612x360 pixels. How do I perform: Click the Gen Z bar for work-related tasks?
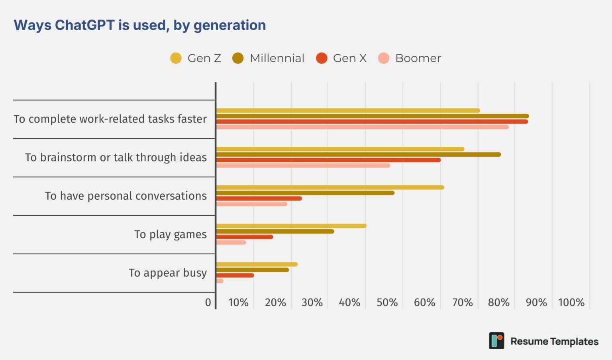coord(348,111)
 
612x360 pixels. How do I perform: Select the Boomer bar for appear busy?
coord(220,281)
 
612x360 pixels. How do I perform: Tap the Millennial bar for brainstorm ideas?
coord(359,154)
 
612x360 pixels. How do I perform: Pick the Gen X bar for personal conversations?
coord(259,199)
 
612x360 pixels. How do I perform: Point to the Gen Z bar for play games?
coord(292,226)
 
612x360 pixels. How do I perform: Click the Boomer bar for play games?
coord(231,242)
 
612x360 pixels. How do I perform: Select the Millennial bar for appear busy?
coord(253,270)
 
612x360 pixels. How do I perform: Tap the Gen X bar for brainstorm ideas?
coord(329,160)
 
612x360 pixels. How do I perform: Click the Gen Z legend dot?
coord(176,58)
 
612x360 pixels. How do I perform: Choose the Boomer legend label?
coord(418,58)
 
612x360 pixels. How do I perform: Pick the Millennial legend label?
coord(277,58)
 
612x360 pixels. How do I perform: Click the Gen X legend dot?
coord(322,58)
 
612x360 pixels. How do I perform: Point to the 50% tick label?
coord(387,303)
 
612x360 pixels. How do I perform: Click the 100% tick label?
coord(571,303)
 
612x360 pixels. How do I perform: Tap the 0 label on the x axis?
coord(208,303)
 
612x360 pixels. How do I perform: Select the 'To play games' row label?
coord(171,234)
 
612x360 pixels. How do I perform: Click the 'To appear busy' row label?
coord(168,273)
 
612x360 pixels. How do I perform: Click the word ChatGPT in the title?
coord(85,25)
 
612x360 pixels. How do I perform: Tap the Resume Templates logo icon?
coord(496,340)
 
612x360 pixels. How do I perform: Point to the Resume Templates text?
coord(555,341)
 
